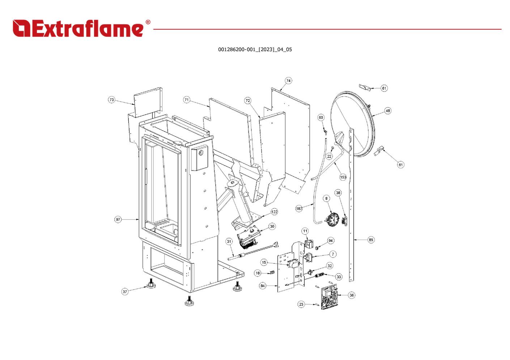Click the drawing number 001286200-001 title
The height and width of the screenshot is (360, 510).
coord(255,50)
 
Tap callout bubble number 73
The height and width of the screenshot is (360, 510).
coord(111,100)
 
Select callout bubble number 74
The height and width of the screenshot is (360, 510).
coord(288,81)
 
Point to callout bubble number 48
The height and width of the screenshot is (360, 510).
coord(388,111)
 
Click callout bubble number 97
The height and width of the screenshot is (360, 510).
coord(118,219)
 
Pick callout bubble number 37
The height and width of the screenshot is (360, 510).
coord(125,291)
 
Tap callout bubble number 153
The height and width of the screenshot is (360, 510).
coord(343,177)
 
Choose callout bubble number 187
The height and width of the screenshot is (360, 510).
coord(299,208)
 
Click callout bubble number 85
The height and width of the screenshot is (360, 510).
coord(371,240)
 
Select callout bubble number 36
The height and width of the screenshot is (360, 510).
coord(352,295)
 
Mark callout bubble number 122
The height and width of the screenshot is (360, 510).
coord(275,212)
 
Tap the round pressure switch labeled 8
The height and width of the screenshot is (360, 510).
coord(331,220)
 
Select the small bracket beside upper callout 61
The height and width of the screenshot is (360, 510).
coord(365,87)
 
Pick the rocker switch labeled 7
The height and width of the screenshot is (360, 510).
coord(309,257)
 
